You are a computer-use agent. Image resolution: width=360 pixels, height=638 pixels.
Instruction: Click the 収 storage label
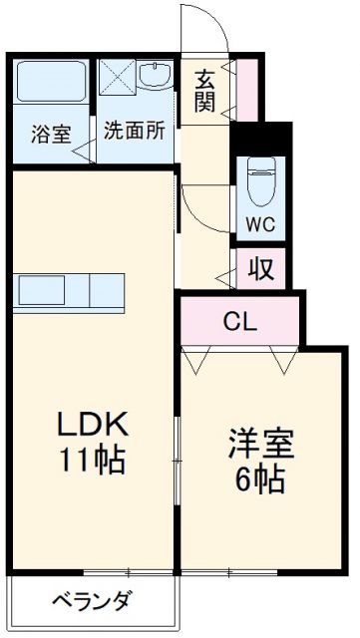[x=262, y=268]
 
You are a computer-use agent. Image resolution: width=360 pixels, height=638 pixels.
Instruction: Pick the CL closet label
[x=238, y=321]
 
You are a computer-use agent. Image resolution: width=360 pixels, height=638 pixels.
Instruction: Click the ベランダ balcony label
[x=91, y=601]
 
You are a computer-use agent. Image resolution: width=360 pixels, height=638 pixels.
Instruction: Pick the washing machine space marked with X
[x=116, y=78]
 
